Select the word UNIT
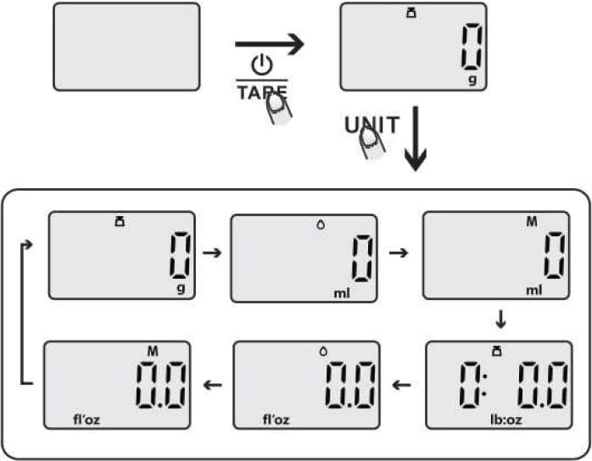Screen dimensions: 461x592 (371, 125)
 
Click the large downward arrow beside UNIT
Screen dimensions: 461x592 (416, 139)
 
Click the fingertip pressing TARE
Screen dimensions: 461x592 (276, 108)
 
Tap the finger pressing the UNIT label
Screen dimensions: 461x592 (371, 144)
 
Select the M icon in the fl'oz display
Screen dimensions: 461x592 (153, 350)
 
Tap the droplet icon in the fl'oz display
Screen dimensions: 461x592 (321, 349)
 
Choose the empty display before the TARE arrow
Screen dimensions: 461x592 (126, 46)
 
